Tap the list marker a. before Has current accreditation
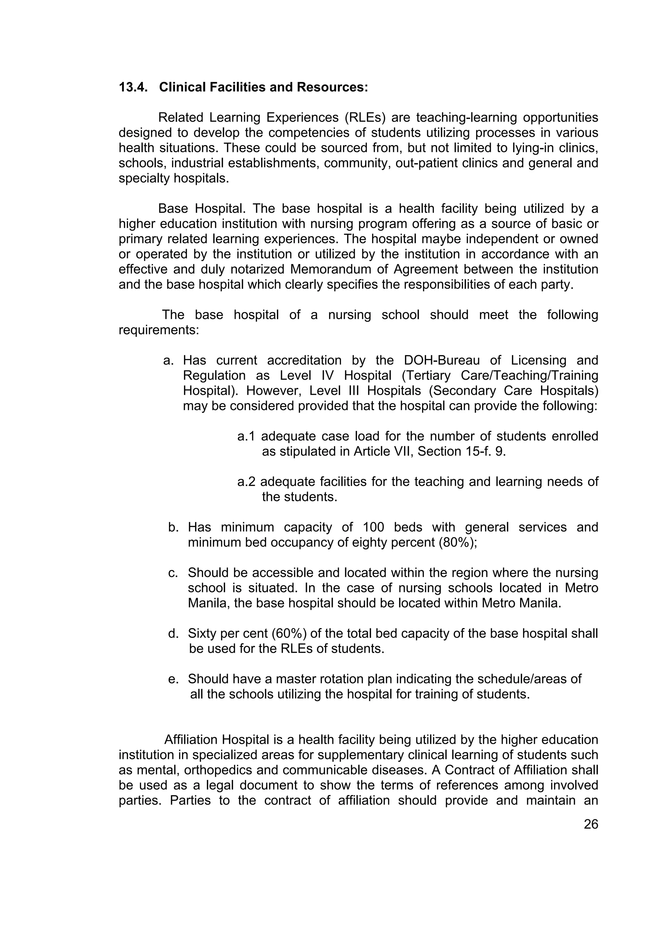click(168, 360)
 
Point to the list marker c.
click(173, 573)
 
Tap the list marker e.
click(173, 679)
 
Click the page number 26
click(591, 824)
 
